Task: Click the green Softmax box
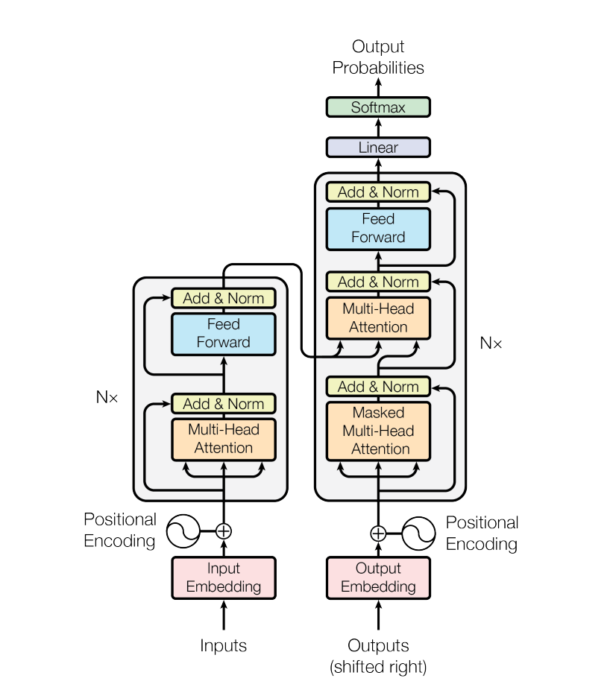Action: click(378, 107)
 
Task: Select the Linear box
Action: click(378, 148)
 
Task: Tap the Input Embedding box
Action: click(224, 577)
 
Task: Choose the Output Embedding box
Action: click(378, 577)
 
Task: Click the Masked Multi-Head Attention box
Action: click(378, 431)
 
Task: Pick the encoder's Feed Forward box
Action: click(224, 334)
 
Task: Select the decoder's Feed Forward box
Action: click(378, 229)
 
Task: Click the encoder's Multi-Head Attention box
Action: click(224, 439)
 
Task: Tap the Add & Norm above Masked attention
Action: click(378, 387)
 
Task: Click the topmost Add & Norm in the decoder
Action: click(378, 192)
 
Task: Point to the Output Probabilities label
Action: click(378, 58)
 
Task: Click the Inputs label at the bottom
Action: click(224, 645)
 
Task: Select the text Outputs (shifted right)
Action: click(378, 656)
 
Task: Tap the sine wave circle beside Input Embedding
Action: click(182, 531)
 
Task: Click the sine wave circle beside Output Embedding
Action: click(419, 533)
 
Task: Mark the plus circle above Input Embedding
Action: click(224, 531)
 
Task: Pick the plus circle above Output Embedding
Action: click(378, 533)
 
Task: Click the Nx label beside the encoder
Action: click(107, 397)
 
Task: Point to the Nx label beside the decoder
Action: click(491, 344)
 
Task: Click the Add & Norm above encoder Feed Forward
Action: click(224, 298)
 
